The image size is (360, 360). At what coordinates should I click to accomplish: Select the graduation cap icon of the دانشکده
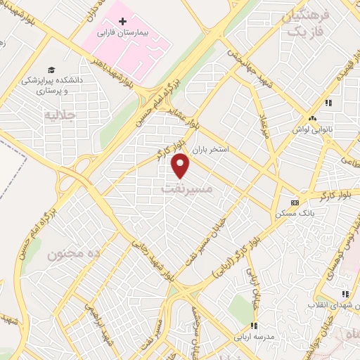(51, 69)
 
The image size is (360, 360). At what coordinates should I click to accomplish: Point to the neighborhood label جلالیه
(59, 114)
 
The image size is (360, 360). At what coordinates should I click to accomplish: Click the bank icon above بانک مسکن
(294, 202)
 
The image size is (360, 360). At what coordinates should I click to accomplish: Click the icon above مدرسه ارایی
(254, 326)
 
